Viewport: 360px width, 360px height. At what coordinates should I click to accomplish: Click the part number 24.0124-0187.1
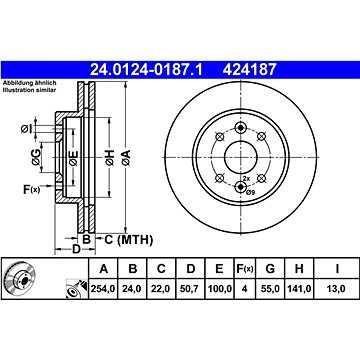[146, 70]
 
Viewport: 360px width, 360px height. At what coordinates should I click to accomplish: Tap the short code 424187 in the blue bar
[250, 70]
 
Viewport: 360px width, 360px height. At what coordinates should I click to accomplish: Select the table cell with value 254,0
[103, 289]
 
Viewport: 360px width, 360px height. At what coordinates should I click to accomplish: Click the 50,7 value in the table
[190, 289]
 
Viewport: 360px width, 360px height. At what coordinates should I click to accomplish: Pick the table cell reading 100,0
[219, 289]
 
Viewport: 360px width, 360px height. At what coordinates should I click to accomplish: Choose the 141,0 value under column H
[299, 289]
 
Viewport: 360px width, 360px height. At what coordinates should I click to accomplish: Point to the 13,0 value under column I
[338, 289]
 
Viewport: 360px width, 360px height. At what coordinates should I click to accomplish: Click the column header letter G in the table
[270, 268]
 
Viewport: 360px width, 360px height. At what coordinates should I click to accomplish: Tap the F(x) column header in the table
[245, 268]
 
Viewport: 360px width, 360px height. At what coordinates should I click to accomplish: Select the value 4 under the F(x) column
[245, 289]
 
